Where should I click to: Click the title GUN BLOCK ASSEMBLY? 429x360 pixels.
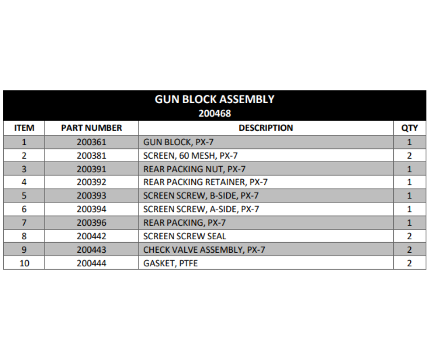214,99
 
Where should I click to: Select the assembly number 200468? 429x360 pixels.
214,113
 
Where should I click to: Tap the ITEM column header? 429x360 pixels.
24,128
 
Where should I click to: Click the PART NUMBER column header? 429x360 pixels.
91,128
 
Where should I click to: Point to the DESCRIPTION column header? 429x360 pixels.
266,128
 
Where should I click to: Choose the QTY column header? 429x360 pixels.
409,128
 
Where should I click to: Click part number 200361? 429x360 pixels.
91,142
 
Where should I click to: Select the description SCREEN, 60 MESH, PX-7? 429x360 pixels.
190,155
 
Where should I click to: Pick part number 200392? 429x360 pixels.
91,182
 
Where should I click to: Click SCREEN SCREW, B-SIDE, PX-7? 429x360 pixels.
201,196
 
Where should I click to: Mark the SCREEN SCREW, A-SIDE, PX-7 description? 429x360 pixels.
201,209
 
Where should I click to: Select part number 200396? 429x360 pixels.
91,223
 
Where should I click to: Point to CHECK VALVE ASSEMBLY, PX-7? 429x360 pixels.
204,250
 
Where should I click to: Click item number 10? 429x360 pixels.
24,263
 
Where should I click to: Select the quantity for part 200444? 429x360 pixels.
409,263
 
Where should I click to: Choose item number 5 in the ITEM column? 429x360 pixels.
24,196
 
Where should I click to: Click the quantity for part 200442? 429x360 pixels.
409,236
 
